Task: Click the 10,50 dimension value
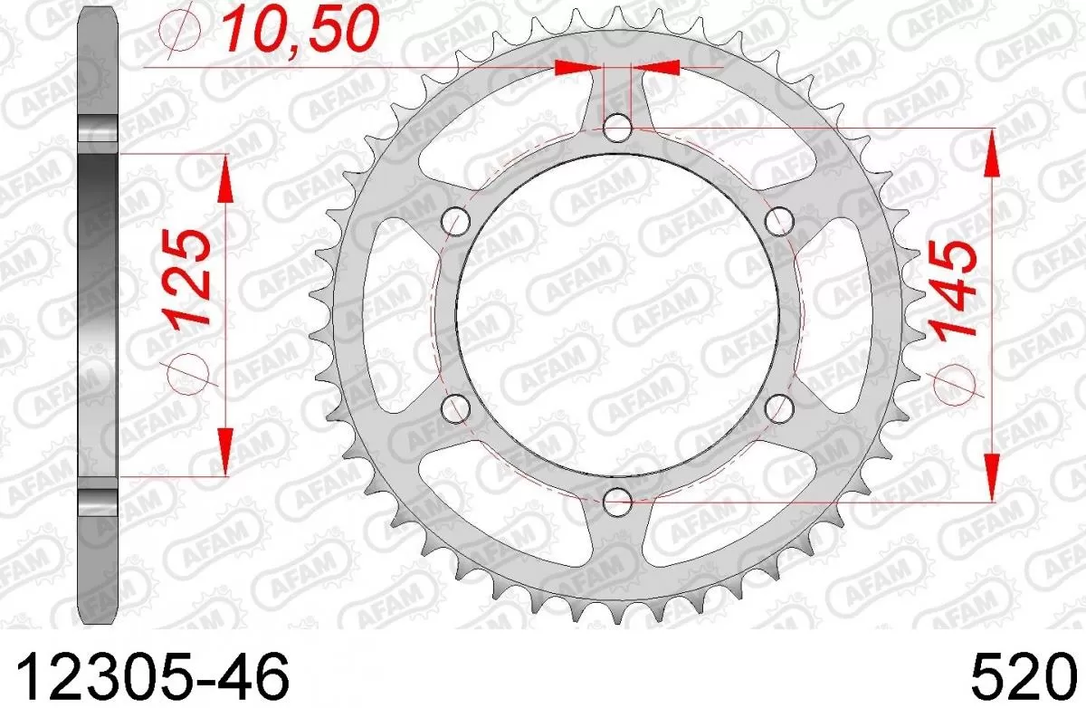tap(298, 31)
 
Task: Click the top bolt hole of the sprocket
tap(618, 128)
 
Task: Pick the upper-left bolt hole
tap(458, 221)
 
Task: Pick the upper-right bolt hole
tap(778, 221)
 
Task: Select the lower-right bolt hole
tap(778, 407)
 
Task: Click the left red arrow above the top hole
tap(579, 67)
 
